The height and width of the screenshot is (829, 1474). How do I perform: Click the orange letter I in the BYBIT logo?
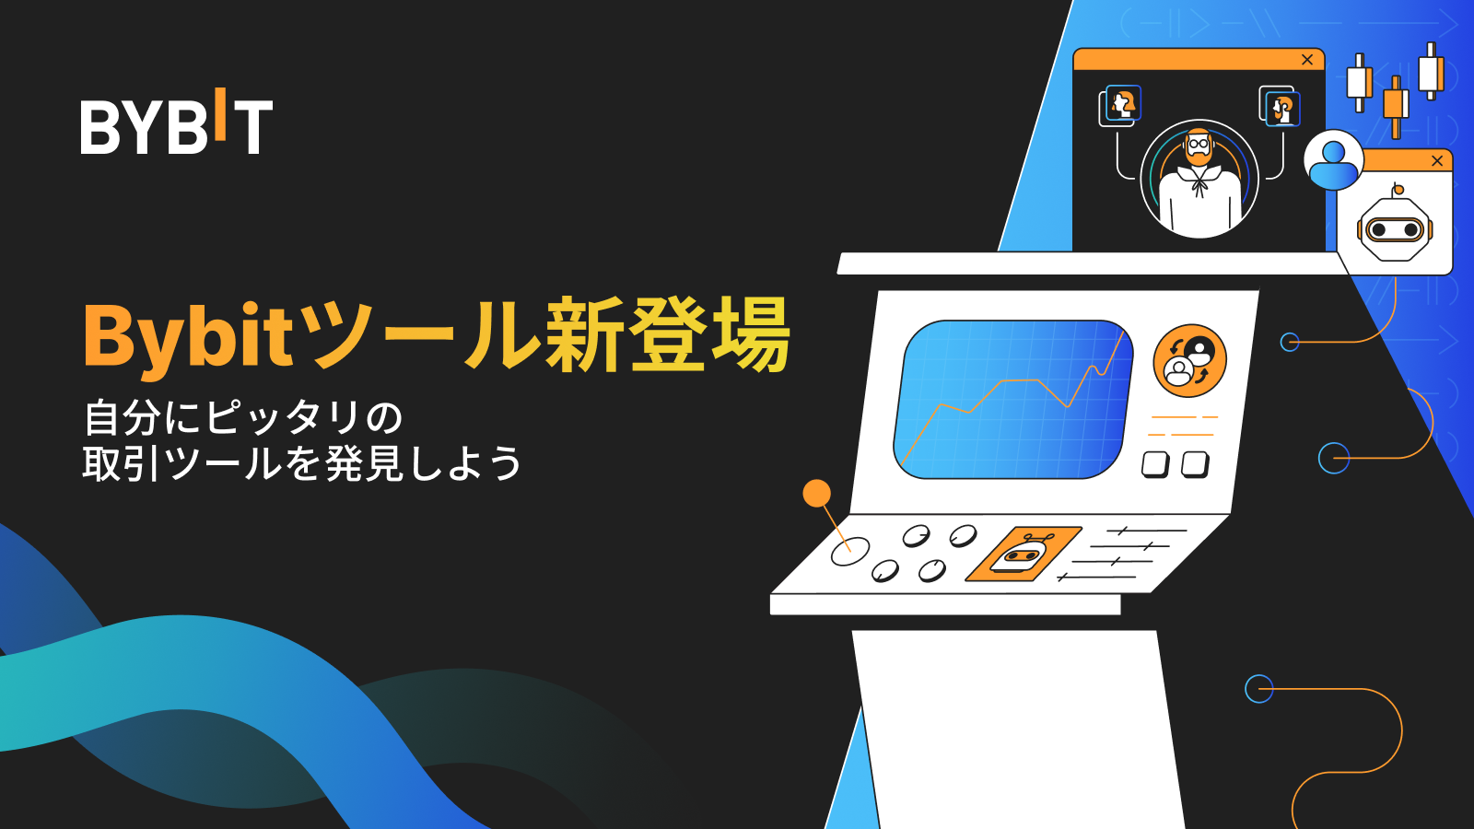[220, 114]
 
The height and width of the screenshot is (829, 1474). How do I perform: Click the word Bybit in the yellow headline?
[189, 337]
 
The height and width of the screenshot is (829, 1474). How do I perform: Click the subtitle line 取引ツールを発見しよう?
[302, 463]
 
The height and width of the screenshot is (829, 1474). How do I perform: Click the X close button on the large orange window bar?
[1307, 60]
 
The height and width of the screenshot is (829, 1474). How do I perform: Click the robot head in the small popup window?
[1395, 227]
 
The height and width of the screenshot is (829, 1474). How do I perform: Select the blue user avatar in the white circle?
[1333, 160]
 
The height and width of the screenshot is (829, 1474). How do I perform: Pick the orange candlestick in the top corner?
[1396, 105]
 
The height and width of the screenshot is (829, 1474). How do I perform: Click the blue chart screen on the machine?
[1012, 400]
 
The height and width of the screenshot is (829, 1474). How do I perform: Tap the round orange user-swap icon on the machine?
[1189, 360]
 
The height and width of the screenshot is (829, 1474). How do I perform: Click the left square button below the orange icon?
[1155, 464]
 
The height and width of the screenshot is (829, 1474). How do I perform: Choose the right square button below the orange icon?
[1195, 464]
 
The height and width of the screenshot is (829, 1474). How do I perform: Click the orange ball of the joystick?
[816, 494]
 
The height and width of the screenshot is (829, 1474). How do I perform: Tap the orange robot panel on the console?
[1024, 555]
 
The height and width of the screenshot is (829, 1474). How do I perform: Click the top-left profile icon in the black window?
[1121, 104]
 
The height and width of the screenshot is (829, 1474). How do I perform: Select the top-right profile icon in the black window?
[1281, 107]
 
